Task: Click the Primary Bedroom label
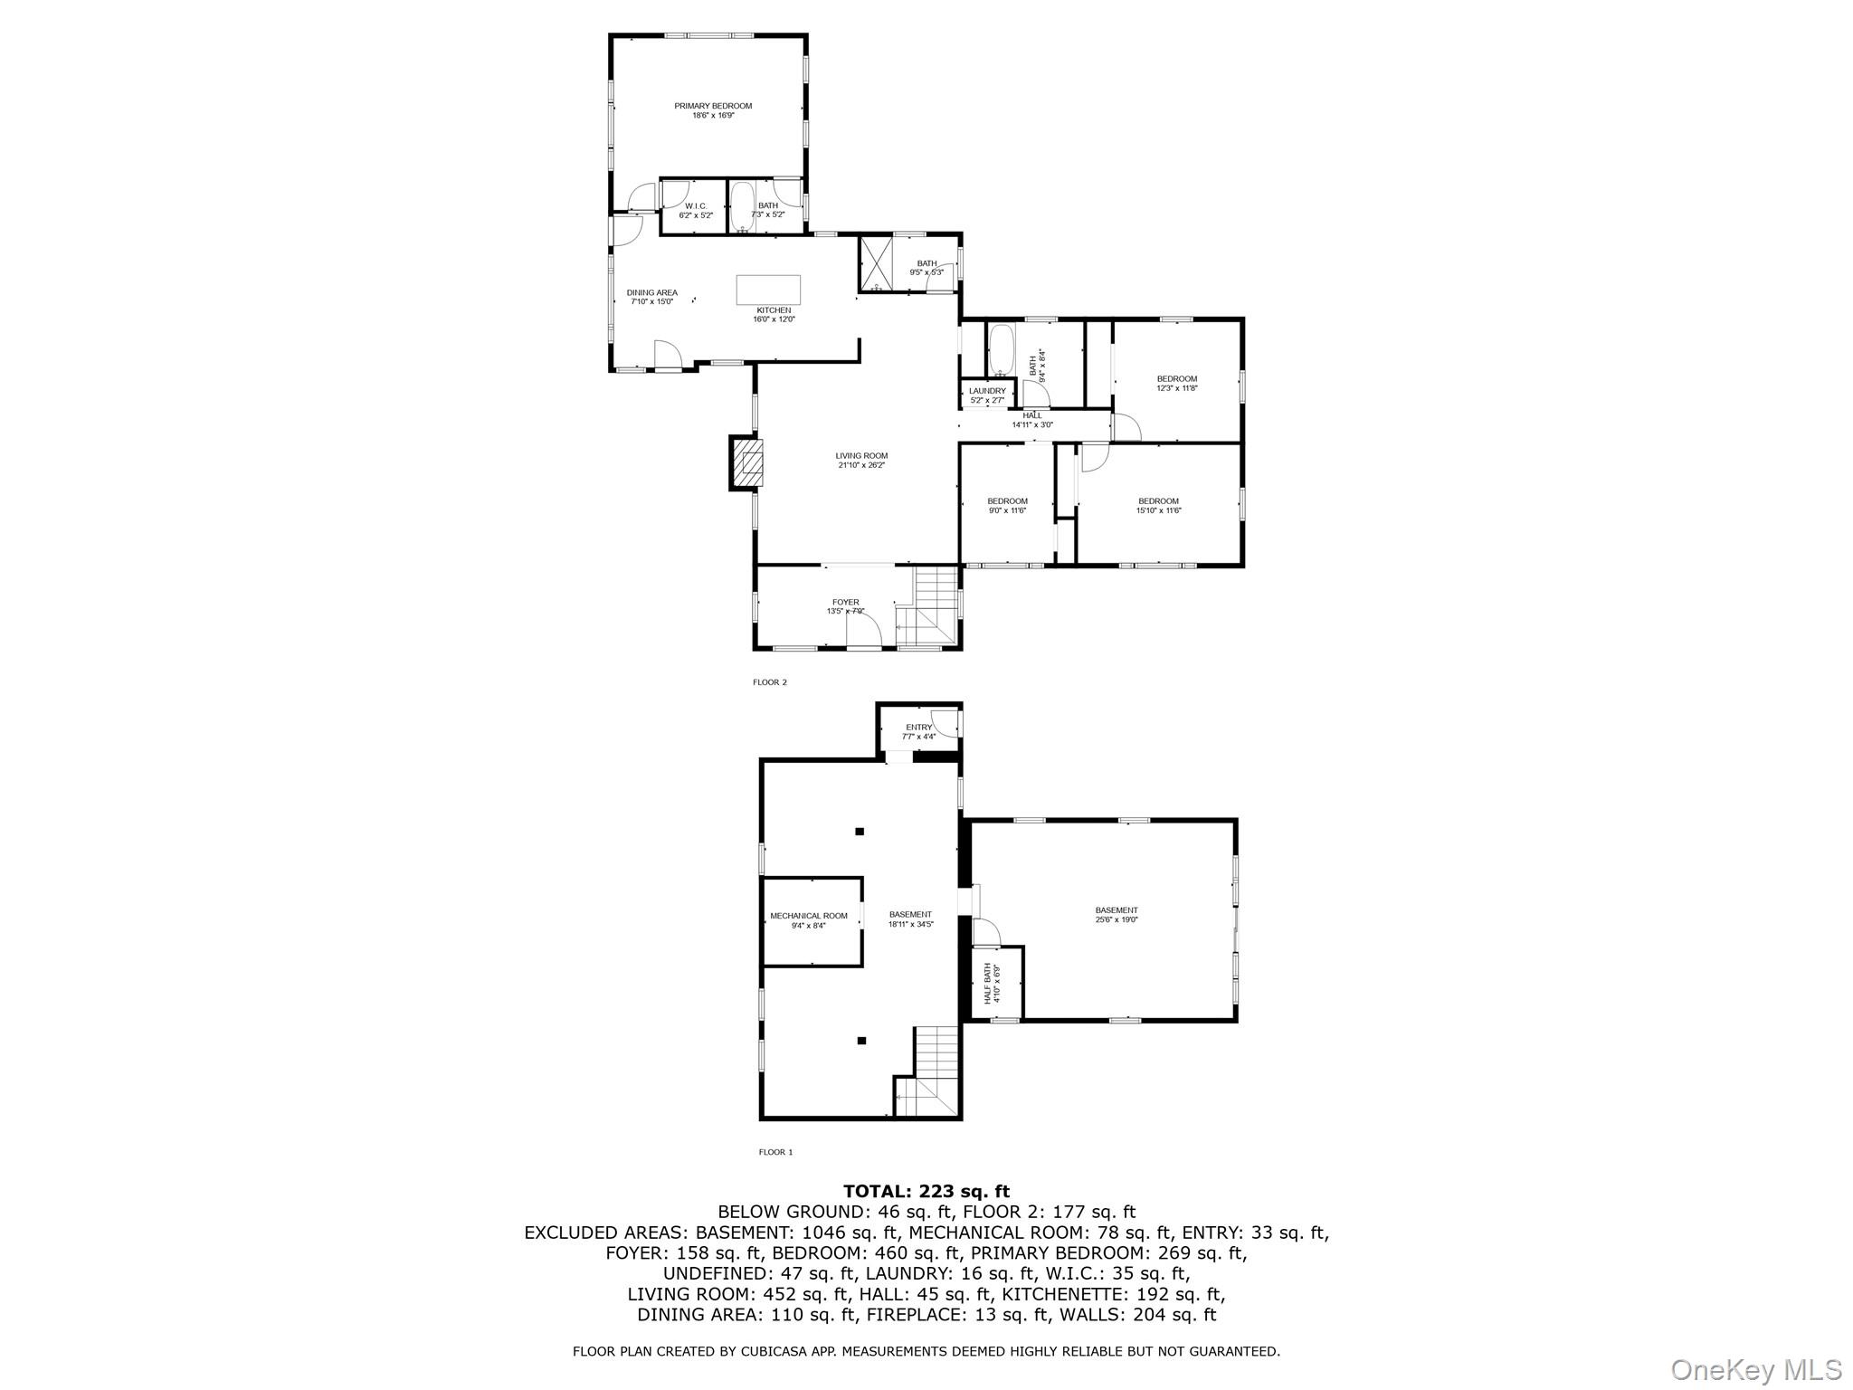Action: click(713, 110)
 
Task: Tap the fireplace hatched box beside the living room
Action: click(746, 463)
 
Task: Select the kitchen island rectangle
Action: click(768, 290)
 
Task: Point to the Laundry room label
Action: click(987, 395)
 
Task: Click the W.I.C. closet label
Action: click(696, 210)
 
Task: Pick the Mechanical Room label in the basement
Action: click(809, 920)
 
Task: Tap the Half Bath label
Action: click(992, 985)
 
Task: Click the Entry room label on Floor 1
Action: click(918, 731)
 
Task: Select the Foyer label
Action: click(845, 606)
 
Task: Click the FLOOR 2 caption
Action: click(770, 682)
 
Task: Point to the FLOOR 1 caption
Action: click(775, 1152)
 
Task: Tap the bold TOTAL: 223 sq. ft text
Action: click(926, 1192)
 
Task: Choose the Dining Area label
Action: click(651, 297)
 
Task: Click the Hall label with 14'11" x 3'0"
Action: click(1032, 420)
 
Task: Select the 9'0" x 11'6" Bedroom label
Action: click(1007, 506)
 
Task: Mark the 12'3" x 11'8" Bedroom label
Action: click(1176, 384)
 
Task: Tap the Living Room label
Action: click(861, 461)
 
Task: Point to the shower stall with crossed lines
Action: click(876, 263)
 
